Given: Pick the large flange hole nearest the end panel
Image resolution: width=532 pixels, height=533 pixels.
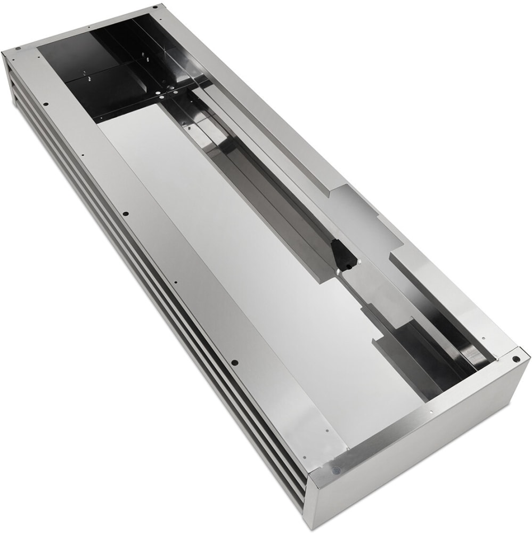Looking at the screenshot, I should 235,363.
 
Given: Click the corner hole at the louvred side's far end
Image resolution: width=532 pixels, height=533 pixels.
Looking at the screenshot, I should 18,49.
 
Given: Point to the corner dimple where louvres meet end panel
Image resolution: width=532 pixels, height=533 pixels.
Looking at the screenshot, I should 334,470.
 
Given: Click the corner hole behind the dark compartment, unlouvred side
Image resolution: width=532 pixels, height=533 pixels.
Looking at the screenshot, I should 155,7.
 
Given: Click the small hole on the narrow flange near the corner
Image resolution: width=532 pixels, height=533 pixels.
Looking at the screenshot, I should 484,337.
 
